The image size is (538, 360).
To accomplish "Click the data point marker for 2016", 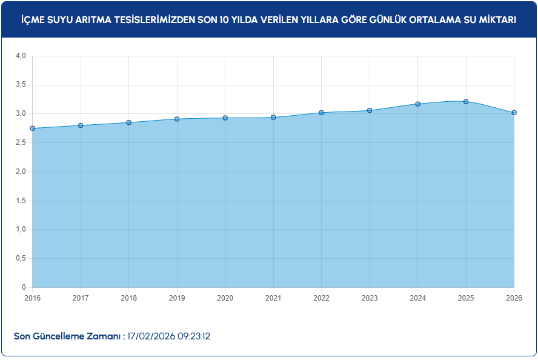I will pyautogui.click(x=32, y=128).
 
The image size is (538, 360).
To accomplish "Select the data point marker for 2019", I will pyautogui.click(x=177, y=119).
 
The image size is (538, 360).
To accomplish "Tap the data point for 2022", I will pyautogui.click(x=322, y=113).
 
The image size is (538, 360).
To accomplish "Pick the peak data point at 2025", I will pyautogui.click(x=466, y=102).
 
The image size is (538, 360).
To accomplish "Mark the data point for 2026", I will pyautogui.click(x=514, y=113).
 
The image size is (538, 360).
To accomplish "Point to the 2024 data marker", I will pyautogui.click(x=418, y=104).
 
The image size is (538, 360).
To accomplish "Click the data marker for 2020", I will pyautogui.click(x=225, y=118).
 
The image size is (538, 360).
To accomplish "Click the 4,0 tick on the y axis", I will pyautogui.click(x=21, y=56).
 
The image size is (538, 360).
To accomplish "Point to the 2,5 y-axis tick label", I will pyautogui.click(x=21, y=143).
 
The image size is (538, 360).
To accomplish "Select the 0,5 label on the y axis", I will pyautogui.click(x=21, y=259).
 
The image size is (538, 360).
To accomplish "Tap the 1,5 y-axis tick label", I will pyautogui.click(x=21, y=201).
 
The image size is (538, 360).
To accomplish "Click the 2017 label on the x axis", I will pyautogui.click(x=81, y=298).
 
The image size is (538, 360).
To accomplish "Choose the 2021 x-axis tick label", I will pyautogui.click(x=273, y=298).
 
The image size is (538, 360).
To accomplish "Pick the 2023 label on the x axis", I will pyautogui.click(x=370, y=298).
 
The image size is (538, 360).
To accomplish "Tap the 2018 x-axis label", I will pyautogui.click(x=128, y=298).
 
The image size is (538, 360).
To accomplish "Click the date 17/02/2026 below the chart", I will pyautogui.click(x=151, y=336).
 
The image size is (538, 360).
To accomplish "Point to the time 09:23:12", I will pyautogui.click(x=194, y=336).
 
